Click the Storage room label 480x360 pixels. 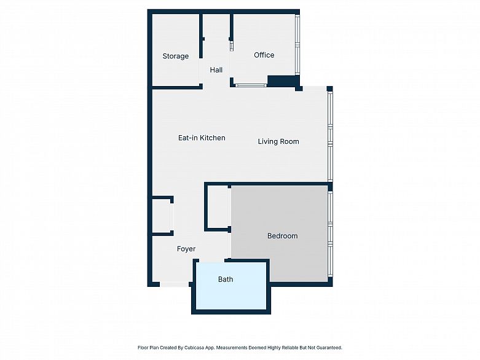pos(175,57)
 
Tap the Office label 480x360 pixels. pos(264,55)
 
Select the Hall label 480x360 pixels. pos(216,70)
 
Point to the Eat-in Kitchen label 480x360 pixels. pos(202,138)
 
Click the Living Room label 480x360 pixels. pos(278,142)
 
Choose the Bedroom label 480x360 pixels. pos(282,236)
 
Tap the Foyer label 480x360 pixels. pos(186,249)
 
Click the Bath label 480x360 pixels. pos(226,280)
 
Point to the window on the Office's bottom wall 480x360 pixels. pos(251,85)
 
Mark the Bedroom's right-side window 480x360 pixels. pos(330,234)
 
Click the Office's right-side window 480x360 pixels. pos(297,45)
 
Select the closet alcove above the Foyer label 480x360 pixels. pos(162,216)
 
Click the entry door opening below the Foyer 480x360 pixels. pos(174,284)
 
